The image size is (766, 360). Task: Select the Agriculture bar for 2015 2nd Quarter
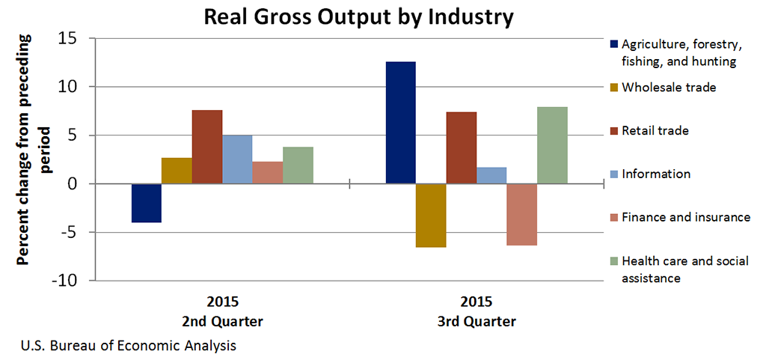coord(147,203)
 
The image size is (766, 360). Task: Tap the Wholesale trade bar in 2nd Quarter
coord(177,171)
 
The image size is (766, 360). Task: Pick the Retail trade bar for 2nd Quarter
coord(207,147)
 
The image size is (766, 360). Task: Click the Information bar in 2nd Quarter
coord(237,159)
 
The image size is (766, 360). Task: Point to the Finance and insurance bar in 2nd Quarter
coord(268,172)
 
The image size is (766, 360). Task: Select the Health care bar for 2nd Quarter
coord(298,165)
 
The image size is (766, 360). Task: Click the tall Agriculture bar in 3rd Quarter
coord(400,123)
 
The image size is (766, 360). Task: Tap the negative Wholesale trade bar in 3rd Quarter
coord(431,215)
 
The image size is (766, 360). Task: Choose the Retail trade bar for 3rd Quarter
coord(462,147)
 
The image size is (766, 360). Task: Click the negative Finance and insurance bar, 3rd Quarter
coord(521,214)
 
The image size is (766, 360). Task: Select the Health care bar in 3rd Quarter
coord(552,145)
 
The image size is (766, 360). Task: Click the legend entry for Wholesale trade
coord(669,88)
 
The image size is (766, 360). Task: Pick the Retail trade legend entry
coord(655,131)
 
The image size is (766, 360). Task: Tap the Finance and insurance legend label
coord(685,217)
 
